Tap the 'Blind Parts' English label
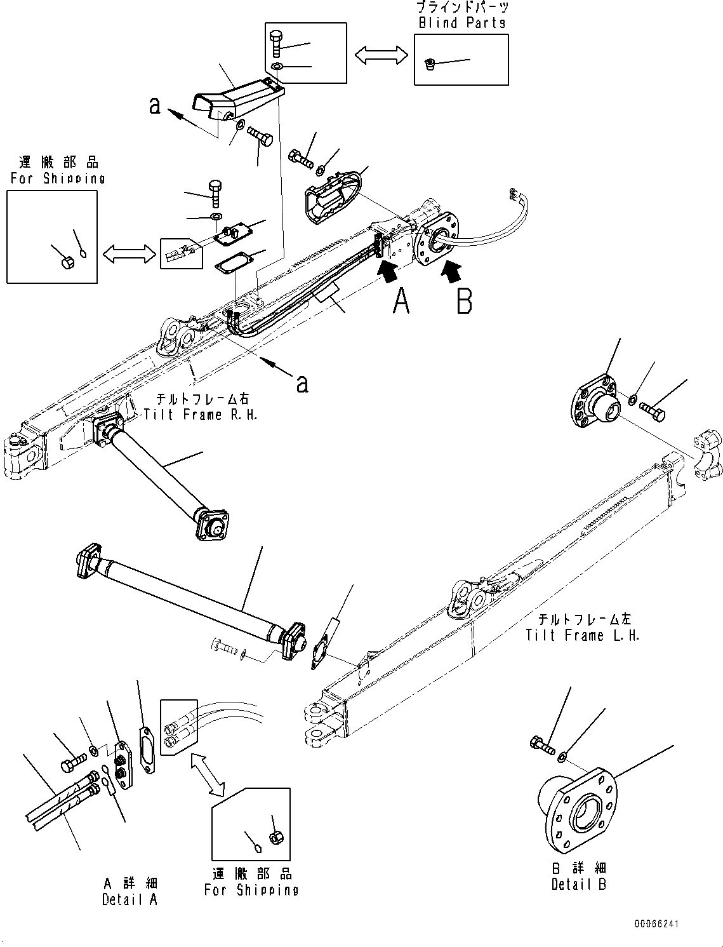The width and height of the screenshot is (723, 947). pos(461,23)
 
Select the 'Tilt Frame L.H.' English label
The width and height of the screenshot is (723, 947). pos(582,635)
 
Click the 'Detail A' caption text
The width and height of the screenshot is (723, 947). pos(129,899)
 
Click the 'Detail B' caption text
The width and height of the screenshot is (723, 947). pos(578,884)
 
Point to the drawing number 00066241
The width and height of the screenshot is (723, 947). pos(655,923)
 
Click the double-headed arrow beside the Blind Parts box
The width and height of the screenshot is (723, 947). pos(381,55)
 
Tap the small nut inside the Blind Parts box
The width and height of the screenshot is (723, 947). pos(430,64)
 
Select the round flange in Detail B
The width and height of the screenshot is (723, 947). pos(578,808)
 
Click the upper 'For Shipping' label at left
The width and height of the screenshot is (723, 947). pos(57,178)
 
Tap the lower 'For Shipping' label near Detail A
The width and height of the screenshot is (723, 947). pos(251,890)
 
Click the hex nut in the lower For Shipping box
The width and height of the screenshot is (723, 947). pos(276,837)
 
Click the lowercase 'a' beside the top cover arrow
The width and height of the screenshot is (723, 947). pos(154,105)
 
